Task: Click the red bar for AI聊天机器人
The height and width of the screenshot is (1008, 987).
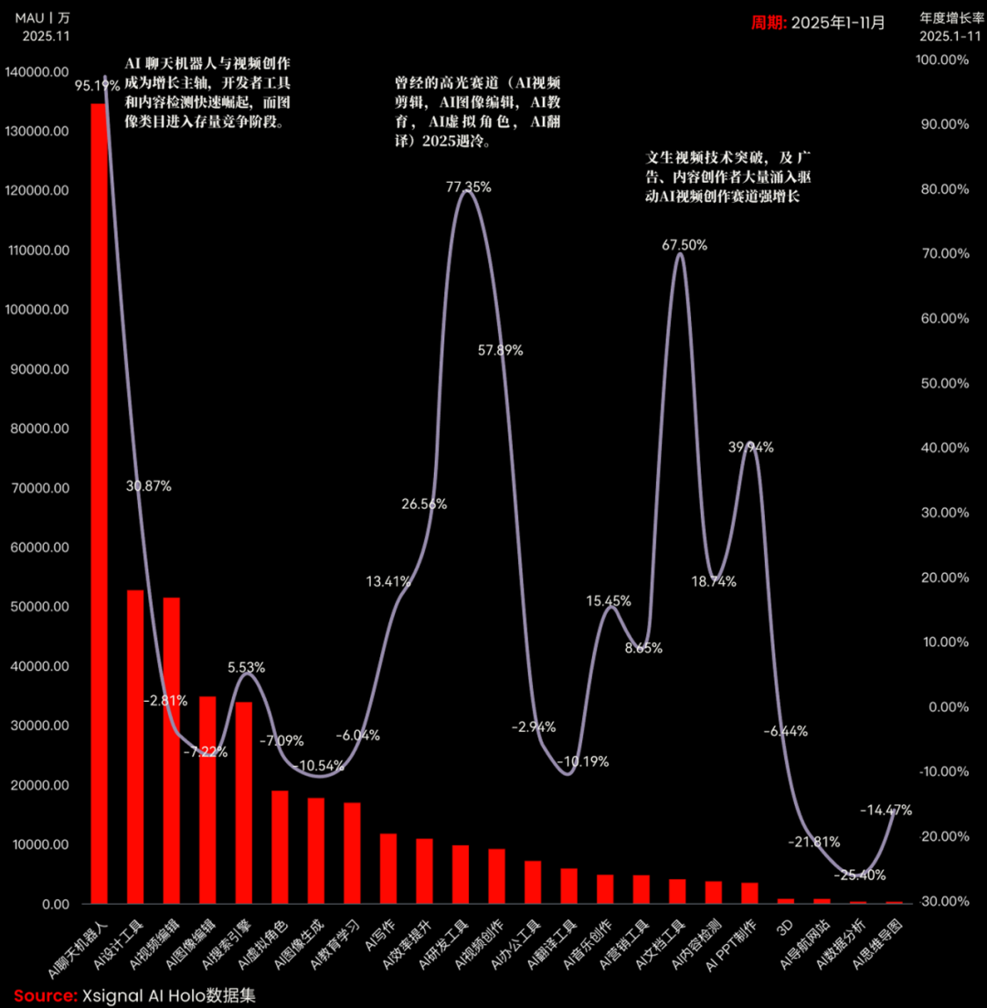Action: click(x=99, y=503)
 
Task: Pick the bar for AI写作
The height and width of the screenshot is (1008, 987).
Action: click(x=388, y=868)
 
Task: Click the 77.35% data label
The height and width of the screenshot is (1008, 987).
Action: click(x=468, y=187)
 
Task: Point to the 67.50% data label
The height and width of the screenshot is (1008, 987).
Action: click(x=685, y=245)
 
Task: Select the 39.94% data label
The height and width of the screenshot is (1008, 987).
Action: click(x=751, y=448)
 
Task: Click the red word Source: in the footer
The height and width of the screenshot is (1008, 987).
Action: click(x=45, y=996)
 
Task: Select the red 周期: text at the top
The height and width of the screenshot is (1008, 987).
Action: click(x=769, y=23)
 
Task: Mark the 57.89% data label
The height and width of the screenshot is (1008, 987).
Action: click(x=501, y=351)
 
